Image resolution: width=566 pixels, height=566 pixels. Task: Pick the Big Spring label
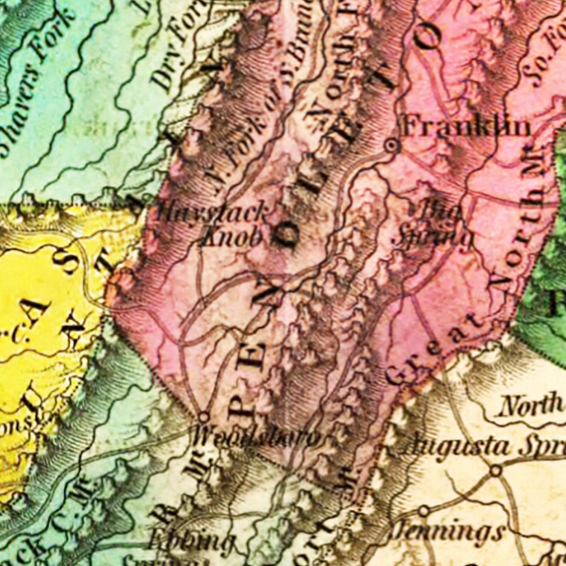(434, 226)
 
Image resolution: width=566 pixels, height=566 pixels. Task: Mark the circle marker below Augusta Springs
(496, 471)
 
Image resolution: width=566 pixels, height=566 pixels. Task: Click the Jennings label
(449, 532)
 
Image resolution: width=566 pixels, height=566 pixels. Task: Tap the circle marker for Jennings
(424, 511)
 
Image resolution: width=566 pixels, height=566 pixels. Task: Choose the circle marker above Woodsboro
(204, 417)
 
